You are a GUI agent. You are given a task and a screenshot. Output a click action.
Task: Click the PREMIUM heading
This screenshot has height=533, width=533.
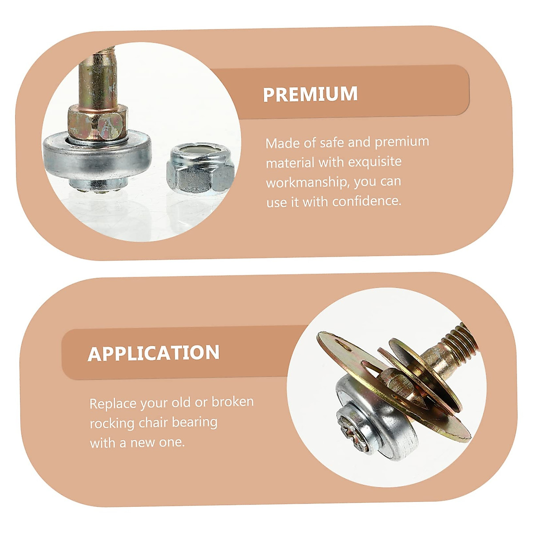(310, 94)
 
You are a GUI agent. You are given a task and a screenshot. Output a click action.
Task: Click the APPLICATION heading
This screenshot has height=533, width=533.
(154, 353)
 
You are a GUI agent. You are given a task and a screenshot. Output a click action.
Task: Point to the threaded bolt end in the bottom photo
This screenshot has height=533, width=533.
(460, 340)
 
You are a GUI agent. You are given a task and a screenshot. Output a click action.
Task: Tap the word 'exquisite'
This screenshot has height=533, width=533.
(374, 162)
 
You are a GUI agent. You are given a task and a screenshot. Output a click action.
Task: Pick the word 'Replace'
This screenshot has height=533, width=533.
(113, 404)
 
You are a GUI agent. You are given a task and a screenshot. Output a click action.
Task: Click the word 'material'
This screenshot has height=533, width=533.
(290, 163)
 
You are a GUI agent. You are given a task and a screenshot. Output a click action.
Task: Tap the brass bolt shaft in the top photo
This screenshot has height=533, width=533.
(96, 80)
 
